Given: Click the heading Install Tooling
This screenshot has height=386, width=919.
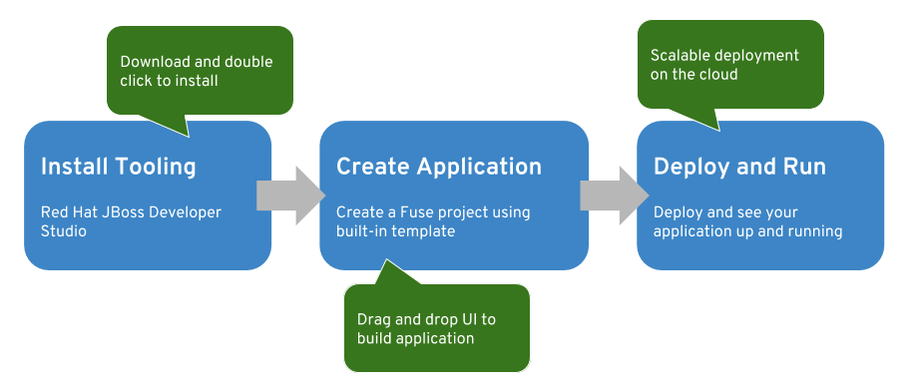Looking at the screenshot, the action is click(x=119, y=167).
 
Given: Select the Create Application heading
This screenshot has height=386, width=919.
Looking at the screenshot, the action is click(x=439, y=167).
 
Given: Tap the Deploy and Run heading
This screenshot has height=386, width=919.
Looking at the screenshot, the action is click(x=739, y=167).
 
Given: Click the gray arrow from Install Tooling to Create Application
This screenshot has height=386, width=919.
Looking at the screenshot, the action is click(x=290, y=195).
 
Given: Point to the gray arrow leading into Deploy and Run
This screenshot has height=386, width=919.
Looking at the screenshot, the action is click(x=615, y=195).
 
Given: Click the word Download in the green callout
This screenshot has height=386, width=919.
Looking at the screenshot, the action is click(x=147, y=62).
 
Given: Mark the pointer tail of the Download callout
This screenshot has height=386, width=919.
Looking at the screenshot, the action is click(x=189, y=137).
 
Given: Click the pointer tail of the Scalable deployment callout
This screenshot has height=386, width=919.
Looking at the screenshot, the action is click(x=718, y=130).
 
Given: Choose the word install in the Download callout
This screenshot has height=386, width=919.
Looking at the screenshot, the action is click(x=199, y=81).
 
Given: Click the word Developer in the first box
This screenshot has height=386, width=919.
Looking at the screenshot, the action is click(x=186, y=212).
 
